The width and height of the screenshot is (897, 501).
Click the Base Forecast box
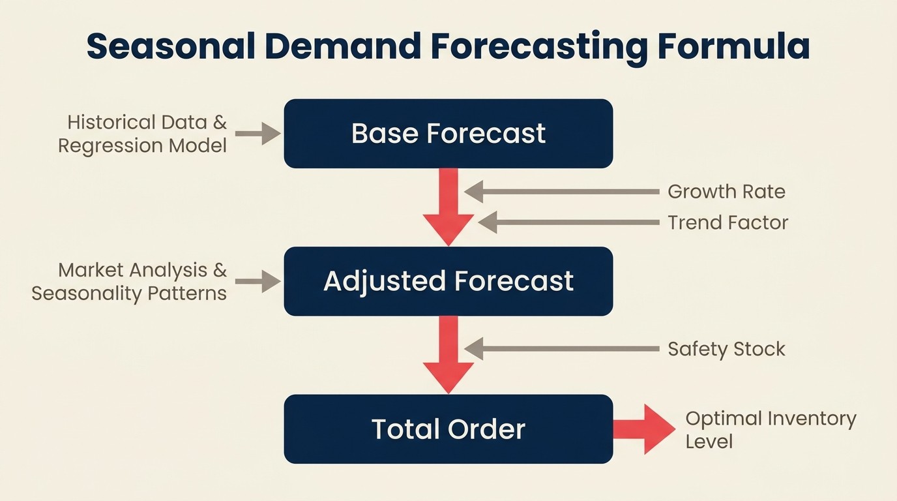448,134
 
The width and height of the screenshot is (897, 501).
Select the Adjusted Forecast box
448,281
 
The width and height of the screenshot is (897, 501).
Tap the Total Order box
448,429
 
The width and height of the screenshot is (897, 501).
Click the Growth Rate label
726,192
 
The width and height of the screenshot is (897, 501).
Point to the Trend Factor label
728,222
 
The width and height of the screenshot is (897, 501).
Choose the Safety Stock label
726,349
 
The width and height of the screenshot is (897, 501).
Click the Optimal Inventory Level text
770,430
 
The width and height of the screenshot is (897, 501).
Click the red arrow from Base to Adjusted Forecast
448,206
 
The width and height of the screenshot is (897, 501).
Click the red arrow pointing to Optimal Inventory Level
644,429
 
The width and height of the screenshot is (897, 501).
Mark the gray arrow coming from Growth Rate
561,192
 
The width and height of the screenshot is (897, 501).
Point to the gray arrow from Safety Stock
561,349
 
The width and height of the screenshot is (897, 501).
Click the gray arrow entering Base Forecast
257,134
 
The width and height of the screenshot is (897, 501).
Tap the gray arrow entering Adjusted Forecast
257,281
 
